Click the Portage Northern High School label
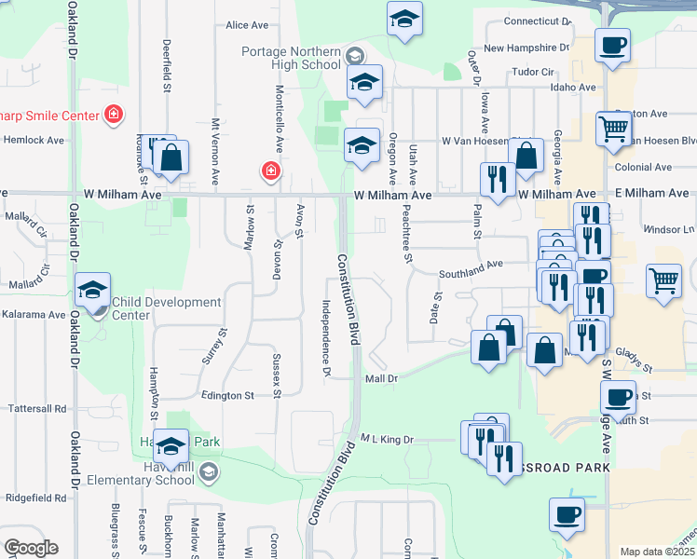(x=292, y=58)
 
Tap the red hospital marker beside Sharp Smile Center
(x=114, y=114)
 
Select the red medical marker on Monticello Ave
(x=270, y=171)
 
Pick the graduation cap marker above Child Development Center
(x=93, y=291)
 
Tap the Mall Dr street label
(x=381, y=378)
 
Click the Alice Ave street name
(x=246, y=25)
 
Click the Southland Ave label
(x=472, y=266)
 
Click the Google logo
(x=31, y=548)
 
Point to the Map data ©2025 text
(x=657, y=552)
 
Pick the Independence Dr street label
(x=326, y=337)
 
